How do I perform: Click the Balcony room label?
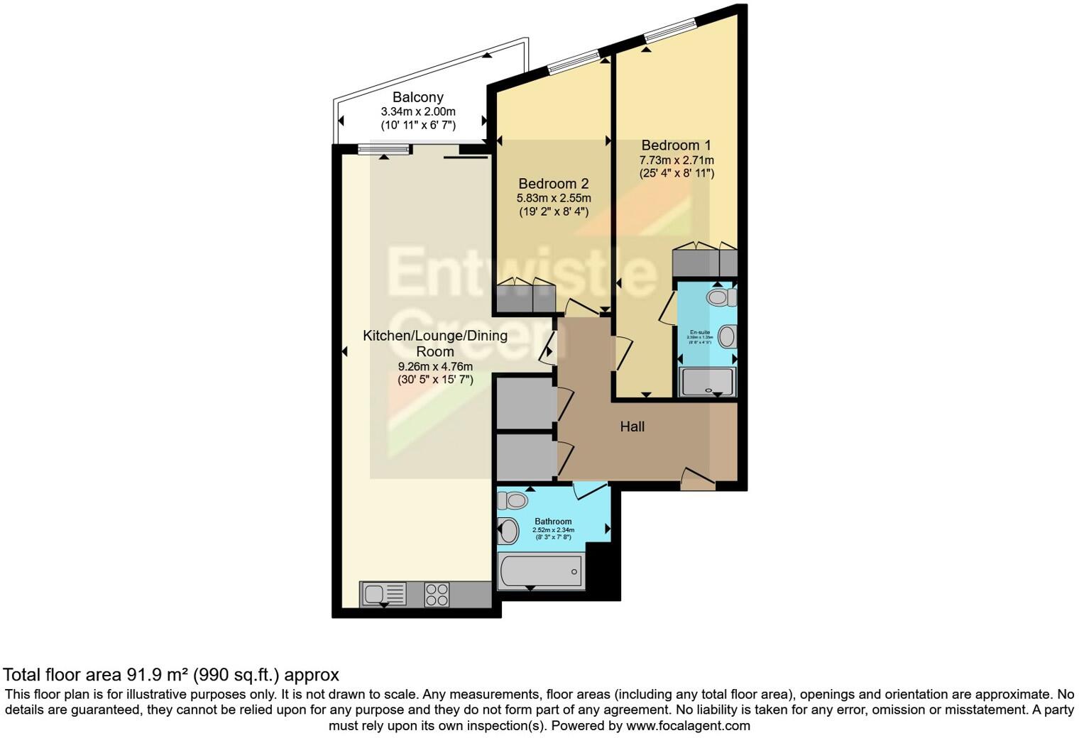click(418, 97)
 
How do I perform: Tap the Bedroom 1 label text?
click(676, 145)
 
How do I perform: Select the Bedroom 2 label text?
click(553, 184)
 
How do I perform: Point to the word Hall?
click(632, 426)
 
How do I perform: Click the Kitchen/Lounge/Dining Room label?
click(434, 343)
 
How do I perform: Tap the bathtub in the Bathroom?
click(540, 571)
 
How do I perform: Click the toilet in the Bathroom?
click(513, 501)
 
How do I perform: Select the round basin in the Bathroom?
click(508, 531)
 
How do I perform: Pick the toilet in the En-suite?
click(721, 296)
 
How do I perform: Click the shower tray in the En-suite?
click(707, 381)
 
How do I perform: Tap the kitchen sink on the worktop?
click(384, 594)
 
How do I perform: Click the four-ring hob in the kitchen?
click(437, 594)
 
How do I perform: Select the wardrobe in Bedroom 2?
click(525, 297)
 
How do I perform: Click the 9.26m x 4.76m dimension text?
click(434, 367)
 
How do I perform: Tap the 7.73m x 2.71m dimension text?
click(676, 160)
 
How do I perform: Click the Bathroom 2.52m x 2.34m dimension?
click(553, 530)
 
